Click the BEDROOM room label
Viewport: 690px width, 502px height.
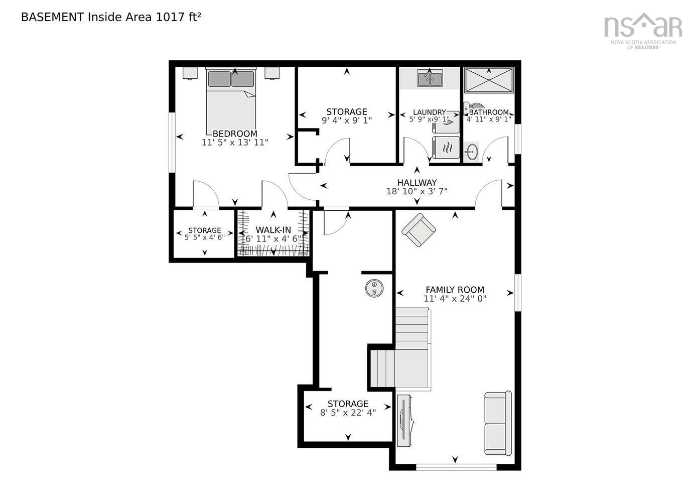coord(235,134)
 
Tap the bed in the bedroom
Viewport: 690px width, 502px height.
coord(231,100)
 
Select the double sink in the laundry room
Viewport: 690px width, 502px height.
coord(429,79)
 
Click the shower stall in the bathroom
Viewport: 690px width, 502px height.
coord(488,80)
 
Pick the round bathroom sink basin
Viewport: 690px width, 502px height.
coord(471,152)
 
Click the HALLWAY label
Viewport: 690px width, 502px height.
coord(417,182)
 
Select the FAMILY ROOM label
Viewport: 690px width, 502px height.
coord(455,290)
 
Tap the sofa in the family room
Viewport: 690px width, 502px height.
coord(498,423)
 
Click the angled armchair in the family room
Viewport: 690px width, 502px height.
coord(419,230)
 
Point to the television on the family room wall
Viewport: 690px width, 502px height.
coord(404,420)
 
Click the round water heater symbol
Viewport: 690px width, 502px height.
coord(374,288)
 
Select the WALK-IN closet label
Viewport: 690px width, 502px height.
coord(273,230)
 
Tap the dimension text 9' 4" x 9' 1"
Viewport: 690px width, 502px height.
coord(346,120)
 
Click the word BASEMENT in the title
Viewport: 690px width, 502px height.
coord(52,17)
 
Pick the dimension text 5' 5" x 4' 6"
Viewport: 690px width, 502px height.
coord(204,237)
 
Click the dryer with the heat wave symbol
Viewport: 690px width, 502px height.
coord(446,147)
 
